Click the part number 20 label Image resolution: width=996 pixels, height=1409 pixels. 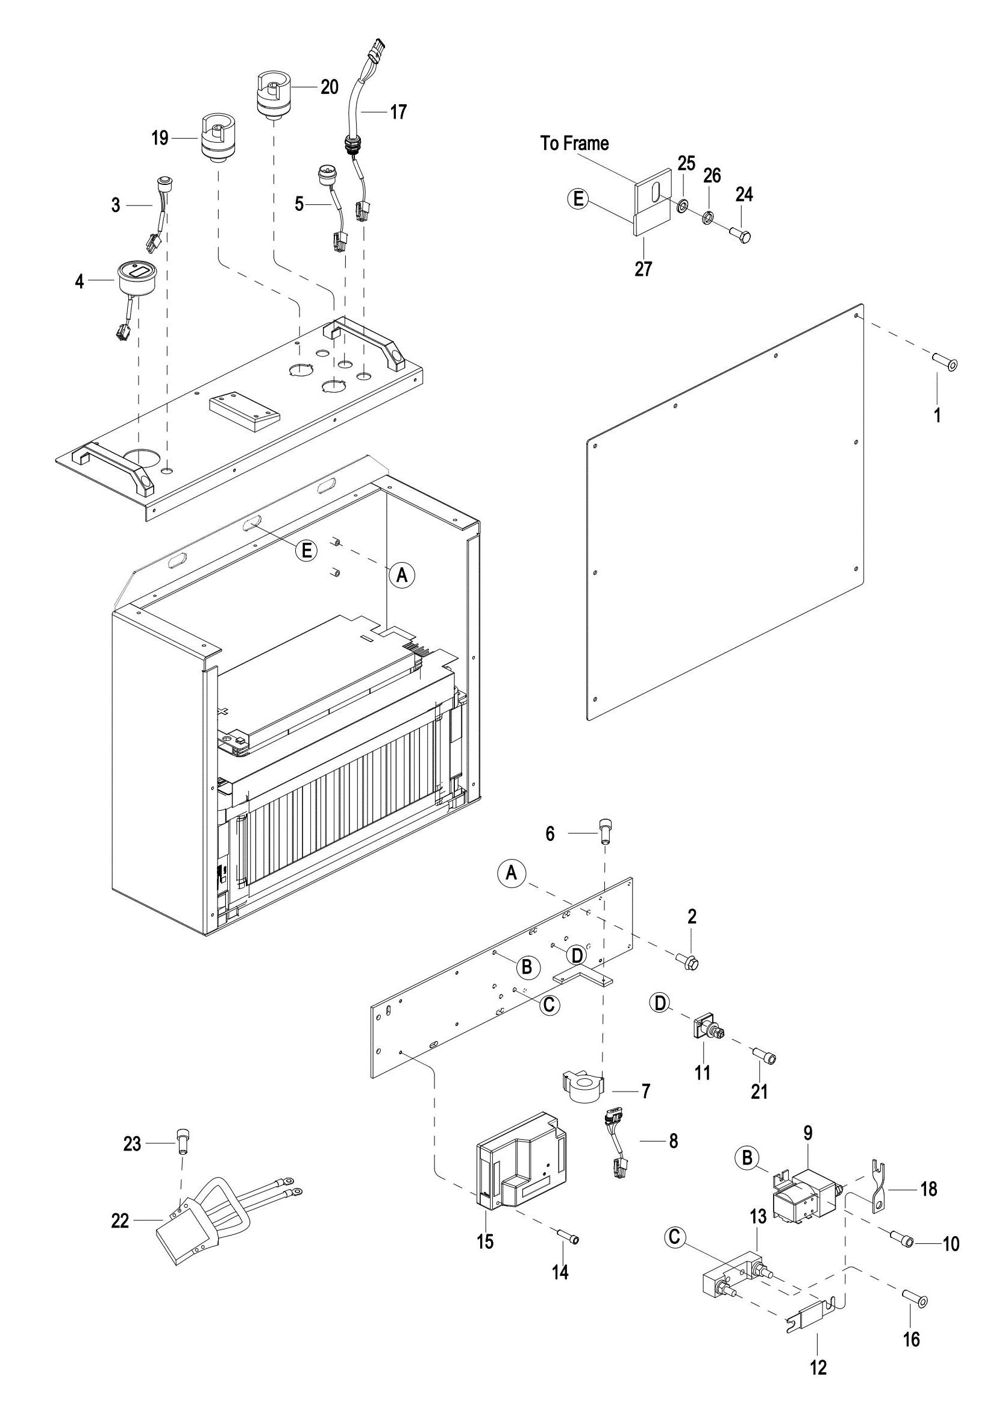click(330, 87)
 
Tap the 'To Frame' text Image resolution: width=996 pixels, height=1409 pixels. click(574, 143)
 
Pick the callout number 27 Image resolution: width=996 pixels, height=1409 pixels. click(643, 269)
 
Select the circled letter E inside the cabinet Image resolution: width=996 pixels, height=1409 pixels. click(306, 551)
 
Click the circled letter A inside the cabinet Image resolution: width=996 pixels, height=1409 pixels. click(402, 575)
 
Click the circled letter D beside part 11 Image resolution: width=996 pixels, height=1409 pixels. click(660, 1004)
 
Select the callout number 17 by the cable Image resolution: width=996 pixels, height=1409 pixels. click(398, 111)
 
